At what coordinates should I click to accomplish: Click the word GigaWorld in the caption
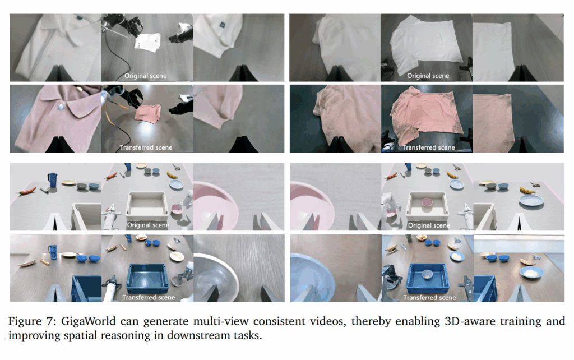88,321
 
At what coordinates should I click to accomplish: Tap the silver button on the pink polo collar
61,107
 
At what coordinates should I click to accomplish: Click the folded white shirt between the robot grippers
147,41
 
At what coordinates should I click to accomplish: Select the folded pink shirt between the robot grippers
147,113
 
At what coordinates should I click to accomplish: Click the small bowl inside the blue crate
428,274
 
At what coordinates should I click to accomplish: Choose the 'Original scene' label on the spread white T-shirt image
428,76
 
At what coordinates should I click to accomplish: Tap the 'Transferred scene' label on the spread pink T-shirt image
429,147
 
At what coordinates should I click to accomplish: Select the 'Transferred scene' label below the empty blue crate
149,297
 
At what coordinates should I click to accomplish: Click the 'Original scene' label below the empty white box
148,225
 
